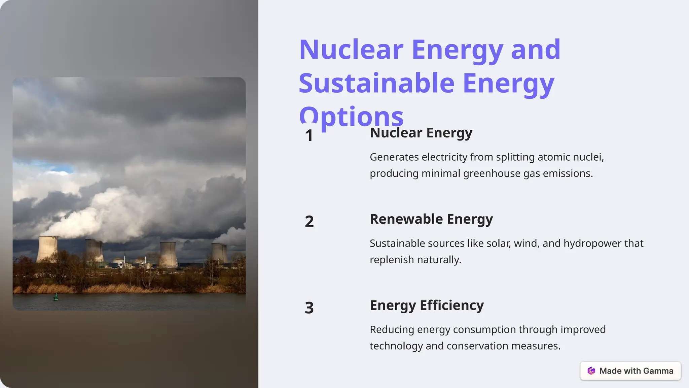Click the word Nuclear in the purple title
pos(351,50)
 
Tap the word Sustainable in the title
pos(376,83)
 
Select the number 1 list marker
pos(309,136)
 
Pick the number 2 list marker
pos(309,222)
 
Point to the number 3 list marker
pos(309,308)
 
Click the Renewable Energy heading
pos(431,219)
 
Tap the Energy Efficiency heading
pos(427,305)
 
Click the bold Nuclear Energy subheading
pos(421,133)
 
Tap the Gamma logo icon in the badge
pos(591,371)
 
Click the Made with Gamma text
pos(636,371)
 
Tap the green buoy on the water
pos(56,297)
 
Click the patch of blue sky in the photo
pos(50,167)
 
